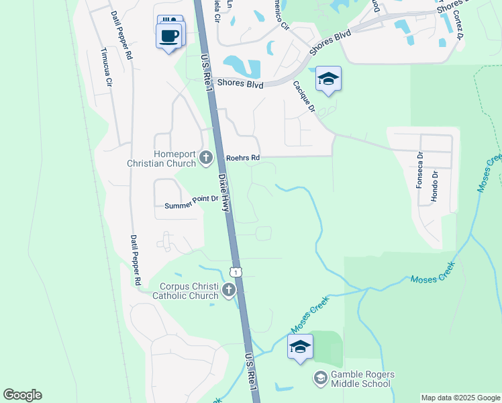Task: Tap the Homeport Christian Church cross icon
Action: click(x=206, y=159)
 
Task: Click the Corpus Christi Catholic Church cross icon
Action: click(x=229, y=290)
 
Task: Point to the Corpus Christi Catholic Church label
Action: click(x=185, y=291)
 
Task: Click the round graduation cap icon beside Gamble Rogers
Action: click(x=320, y=379)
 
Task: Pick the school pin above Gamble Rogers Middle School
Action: click(x=300, y=347)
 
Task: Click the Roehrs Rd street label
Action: click(x=243, y=158)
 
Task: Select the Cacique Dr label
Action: click(x=304, y=97)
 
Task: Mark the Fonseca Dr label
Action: click(x=419, y=171)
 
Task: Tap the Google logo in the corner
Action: click(x=23, y=395)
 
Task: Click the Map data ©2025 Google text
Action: click(x=460, y=398)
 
